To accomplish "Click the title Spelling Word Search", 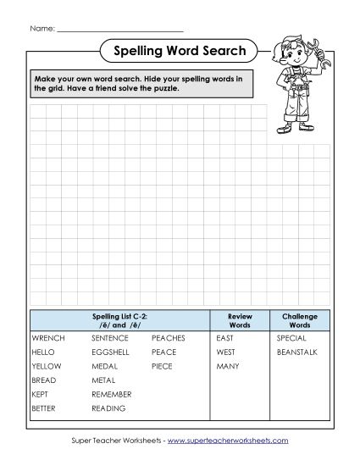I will pos(180,52).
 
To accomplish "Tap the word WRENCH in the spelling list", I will pos(47,337).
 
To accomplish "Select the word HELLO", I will pos(42,352).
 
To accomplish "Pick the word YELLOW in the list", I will pos(46,366).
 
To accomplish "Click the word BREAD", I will pos(43,380).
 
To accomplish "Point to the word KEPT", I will pos(41,395).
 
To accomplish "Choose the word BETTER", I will pos(44,408).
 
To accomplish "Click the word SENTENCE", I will pos(109,337).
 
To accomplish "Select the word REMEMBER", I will pos(111,395).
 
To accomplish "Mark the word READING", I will pos(108,408).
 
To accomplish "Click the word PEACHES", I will pos(169,337).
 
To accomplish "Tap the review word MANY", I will pos(227,366).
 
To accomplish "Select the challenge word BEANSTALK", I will pos(296,352).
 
